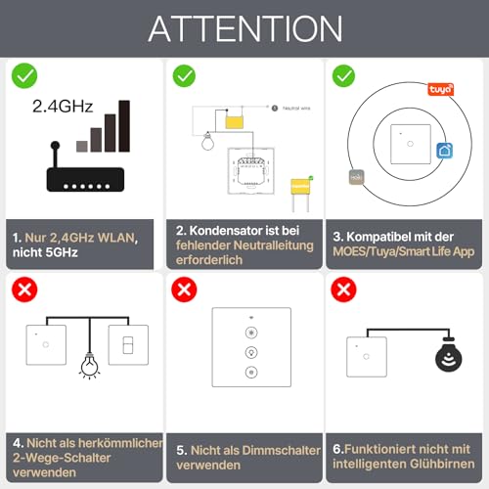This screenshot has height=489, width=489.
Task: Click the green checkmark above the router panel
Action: pyautogui.click(x=23, y=75)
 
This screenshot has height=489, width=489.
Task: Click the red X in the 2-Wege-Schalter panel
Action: pyautogui.click(x=23, y=290)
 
